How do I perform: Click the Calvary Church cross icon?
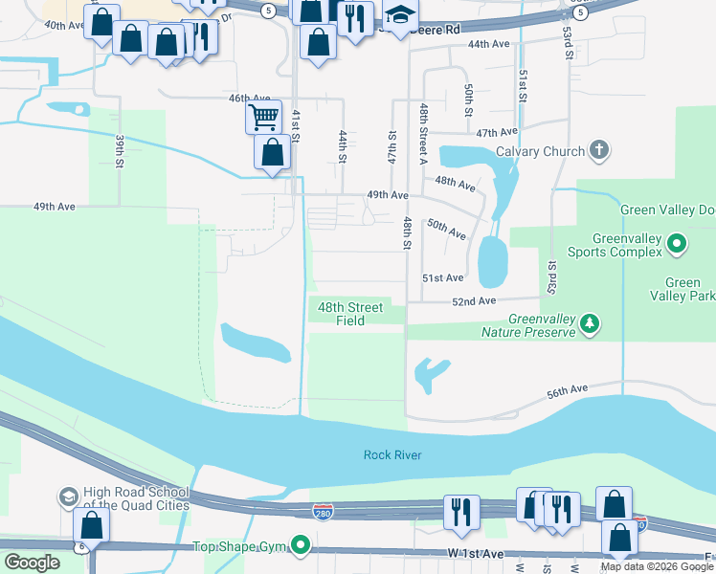[x=598, y=150]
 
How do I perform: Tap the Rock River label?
[x=392, y=454]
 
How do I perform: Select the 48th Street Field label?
[x=350, y=314]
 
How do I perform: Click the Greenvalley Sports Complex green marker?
[x=677, y=244]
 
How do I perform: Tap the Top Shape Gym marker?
[x=301, y=546]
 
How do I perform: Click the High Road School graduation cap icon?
[x=68, y=497]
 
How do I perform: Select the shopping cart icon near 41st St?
[x=263, y=118]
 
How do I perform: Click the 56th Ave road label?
[x=567, y=390]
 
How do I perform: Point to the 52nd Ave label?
[x=474, y=300]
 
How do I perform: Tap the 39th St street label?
[x=120, y=152]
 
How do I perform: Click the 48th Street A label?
[x=422, y=133]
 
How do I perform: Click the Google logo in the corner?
[x=32, y=563]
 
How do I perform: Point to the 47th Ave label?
[x=496, y=132]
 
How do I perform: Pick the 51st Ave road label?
[x=442, y=277]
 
